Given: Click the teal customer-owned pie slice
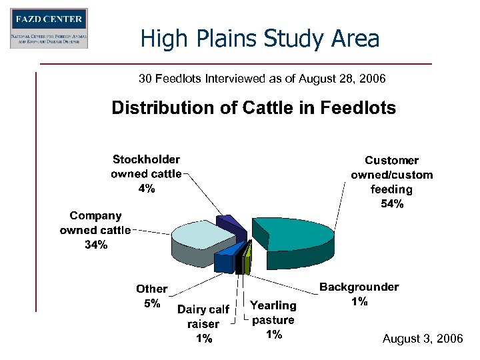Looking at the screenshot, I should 297,233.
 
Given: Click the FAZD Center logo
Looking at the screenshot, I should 49,28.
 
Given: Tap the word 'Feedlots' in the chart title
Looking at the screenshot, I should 361,108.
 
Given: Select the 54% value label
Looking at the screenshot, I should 392,204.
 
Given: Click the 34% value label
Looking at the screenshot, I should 95,245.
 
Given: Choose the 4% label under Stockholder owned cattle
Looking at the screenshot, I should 147,189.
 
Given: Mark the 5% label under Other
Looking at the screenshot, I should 152,303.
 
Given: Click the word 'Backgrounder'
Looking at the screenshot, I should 359,287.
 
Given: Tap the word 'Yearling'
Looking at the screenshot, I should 273,305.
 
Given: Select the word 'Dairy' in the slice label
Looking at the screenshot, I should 191,309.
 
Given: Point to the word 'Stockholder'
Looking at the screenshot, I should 146,159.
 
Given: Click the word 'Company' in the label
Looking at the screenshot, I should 95,216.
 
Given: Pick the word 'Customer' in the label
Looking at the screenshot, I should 392,160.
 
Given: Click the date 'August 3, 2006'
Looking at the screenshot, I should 423,339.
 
